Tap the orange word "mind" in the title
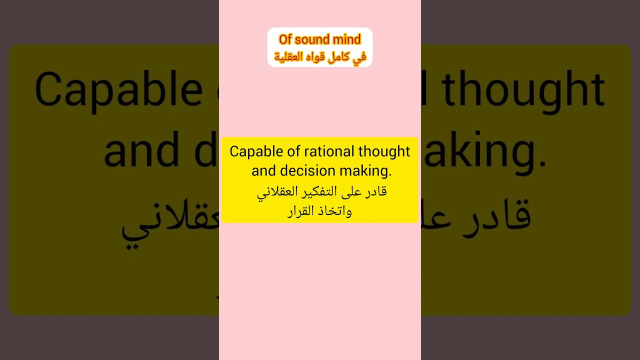coord(347,39)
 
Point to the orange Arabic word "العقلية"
coord(289,56)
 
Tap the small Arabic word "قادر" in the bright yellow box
coord(376,191)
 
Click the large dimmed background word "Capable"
coord(118,90)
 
